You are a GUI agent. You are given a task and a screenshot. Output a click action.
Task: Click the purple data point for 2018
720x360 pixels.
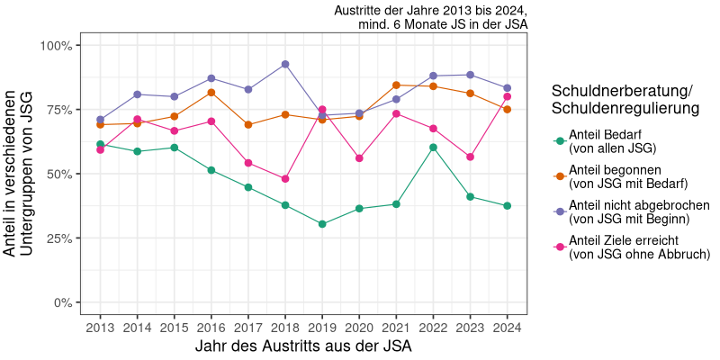pyautogui.click(x=285, y=65)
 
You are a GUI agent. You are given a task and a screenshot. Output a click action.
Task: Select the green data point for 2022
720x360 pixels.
pyautogui.click(x=434, y=148)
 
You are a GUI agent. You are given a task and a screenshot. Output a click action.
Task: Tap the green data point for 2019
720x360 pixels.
pyautogui.click(x=322, y=224)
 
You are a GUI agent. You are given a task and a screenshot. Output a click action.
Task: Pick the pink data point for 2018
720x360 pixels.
pyautogui.click(x=285, y=179)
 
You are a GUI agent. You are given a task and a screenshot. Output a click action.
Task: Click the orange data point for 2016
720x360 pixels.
pyautogui.click(x=211, y=93)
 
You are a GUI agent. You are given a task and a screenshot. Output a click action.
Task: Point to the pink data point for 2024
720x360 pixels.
pyautogui.click(x=508, y=96)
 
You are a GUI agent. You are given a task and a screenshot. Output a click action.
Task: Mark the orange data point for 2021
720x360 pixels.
pyautogui.click(x=396, y=85)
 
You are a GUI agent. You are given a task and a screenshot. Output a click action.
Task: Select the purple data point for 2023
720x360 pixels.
pyautogui.click(x=471, y=75)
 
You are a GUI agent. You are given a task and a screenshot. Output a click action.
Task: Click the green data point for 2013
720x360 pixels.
pyautogui.click(x=100, y=144)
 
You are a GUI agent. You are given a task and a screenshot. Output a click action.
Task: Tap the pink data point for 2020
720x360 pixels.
pyautogui.click(x=359, y=158)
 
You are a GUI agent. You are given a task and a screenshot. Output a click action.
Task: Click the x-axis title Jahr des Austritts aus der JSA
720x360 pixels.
pyautogui.click(x=303, y=346)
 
